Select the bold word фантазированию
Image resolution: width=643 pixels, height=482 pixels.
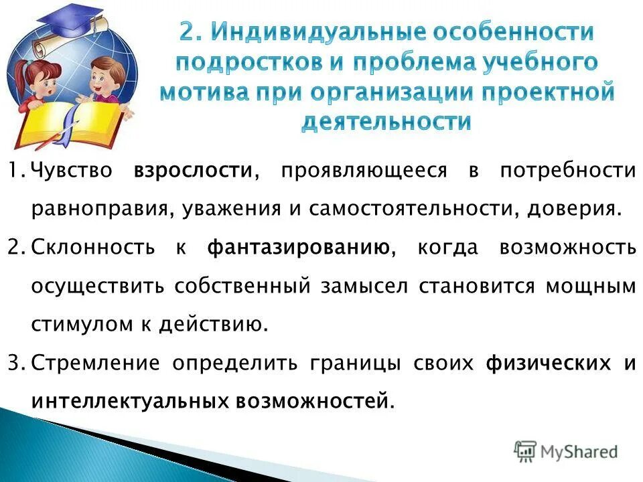coord(298,248)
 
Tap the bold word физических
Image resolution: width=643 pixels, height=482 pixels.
coord(548,364)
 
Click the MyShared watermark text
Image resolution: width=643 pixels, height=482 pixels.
coord(580,452)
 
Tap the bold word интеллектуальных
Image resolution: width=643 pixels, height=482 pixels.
coord(130,401)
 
